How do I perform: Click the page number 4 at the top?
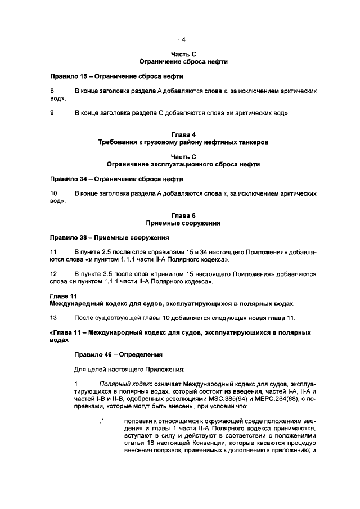tap(183, 40)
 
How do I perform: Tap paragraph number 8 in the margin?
tap(52, 91)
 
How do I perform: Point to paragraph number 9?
tap(52, 114)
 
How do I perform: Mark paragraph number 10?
tap(55, 193)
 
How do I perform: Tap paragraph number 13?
tap(55, 318)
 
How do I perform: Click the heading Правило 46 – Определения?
tap(119, 354)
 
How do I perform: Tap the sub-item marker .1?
tap(101, 420)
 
